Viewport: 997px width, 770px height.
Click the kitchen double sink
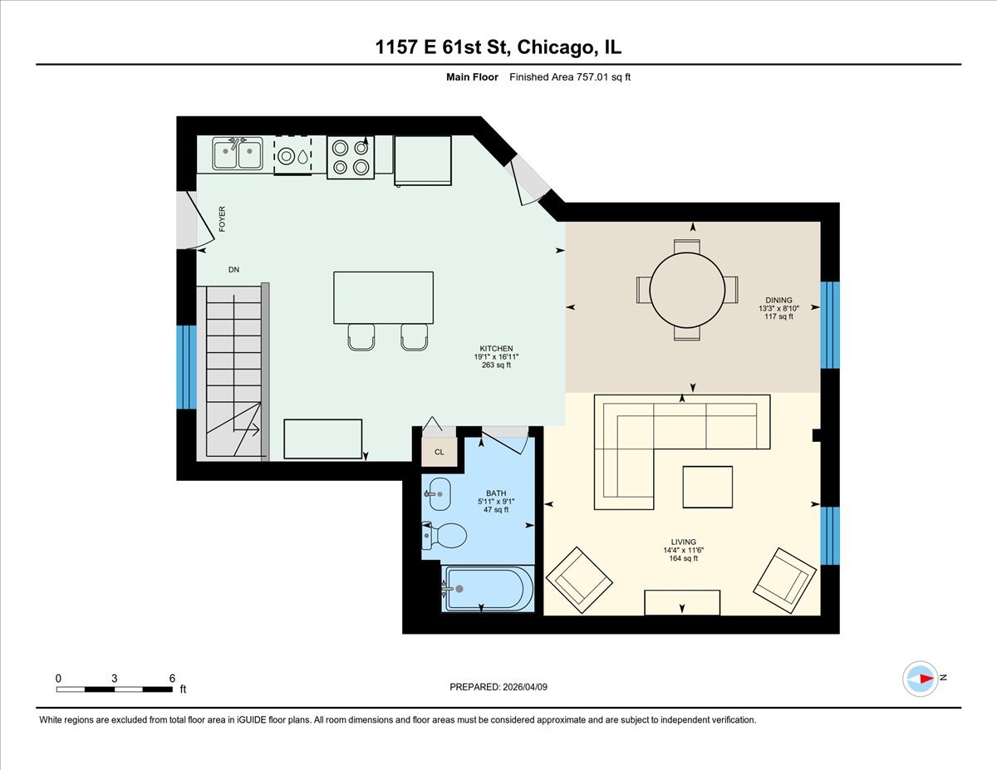(238, 154)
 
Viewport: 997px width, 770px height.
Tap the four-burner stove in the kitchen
(350, 157)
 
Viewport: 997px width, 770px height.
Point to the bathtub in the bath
(487, 589)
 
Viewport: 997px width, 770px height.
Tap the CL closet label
(439, 453)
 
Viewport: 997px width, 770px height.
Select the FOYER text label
(222, 218)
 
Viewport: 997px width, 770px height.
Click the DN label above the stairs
(233, 270)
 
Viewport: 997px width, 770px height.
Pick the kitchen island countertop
(383, 297)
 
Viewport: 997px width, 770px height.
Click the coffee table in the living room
(707, 487)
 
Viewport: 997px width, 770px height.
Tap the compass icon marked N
(921, 678)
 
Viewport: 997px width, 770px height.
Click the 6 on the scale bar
(171, 678)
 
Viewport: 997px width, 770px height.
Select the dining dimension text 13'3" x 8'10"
(778, 308)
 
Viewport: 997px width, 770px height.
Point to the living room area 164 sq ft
(684, 558)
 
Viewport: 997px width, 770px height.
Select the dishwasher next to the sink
(292, 155)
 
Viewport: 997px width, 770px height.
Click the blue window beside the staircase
(186, 367)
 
